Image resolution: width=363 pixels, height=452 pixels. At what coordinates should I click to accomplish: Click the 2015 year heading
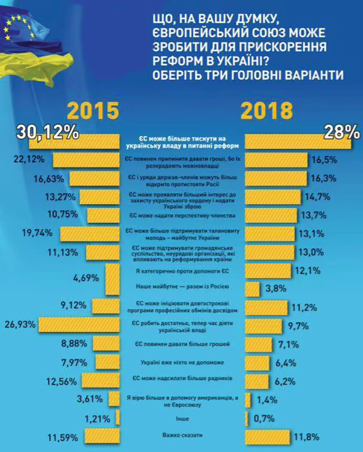coord(93,111)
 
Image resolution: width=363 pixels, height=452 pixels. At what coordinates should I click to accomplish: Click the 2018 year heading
coord(267,111)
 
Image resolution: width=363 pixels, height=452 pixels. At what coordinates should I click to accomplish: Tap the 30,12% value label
coord(47,132)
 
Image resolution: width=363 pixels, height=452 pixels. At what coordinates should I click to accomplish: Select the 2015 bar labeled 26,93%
coord(80,324)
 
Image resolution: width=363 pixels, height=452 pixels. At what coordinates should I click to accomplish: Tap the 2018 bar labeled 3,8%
coord(253,289)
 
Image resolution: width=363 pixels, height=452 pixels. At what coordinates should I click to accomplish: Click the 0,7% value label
coord(263,419)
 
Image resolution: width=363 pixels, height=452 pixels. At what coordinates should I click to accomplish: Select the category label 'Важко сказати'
coord(182,436)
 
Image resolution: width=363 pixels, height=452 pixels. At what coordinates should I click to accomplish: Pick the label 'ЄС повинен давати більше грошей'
coord(182,345)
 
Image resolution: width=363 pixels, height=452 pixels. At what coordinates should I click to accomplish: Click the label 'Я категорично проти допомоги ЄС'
coord(182,271)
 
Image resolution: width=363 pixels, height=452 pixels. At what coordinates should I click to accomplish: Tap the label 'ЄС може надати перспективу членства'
coord(182,216)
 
